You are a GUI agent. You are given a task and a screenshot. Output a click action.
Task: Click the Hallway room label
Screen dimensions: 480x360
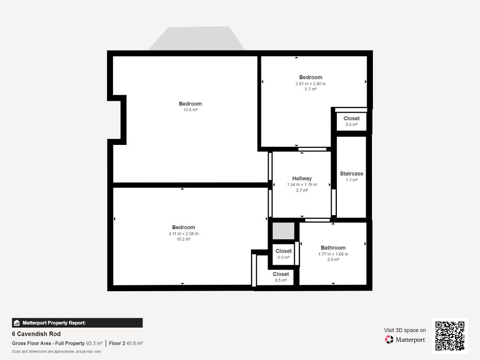point(302,179)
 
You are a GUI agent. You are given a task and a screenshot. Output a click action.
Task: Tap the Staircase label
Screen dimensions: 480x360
point(351,174)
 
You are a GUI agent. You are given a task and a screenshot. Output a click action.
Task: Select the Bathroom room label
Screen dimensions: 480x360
point(333,247)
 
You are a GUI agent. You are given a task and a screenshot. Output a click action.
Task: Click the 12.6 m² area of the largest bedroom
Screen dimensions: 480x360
point(190,110)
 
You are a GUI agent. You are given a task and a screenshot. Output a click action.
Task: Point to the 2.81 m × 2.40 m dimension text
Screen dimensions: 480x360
point(311,84)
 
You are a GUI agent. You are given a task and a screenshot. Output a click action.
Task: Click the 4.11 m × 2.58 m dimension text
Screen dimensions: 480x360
point(184,234)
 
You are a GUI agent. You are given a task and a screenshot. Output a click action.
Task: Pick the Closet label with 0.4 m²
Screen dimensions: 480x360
point(351,118)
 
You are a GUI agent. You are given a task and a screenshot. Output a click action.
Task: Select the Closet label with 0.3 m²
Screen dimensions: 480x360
point(283,251)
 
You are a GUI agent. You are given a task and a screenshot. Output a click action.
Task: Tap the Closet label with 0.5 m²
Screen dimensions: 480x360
point(281,274)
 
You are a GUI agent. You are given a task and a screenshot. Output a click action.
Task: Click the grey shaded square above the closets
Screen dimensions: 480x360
point(283,231)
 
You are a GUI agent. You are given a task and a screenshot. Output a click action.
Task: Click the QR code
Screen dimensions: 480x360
point(450,336)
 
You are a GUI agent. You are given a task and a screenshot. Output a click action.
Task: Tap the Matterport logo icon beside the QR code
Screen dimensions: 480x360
point(389,339)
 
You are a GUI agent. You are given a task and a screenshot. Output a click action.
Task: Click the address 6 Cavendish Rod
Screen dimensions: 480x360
point(36,334)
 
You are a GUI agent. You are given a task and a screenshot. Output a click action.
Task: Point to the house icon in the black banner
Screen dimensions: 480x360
point(17,323)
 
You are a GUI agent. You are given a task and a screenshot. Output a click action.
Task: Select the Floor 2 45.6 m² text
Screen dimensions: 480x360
point(126,343)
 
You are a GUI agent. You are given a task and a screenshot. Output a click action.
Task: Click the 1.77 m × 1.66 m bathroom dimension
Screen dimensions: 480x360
point(333,254)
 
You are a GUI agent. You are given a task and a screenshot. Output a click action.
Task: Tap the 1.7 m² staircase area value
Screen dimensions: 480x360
point(351,180)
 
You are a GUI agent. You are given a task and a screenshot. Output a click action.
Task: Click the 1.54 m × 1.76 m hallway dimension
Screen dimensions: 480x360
point(302,184)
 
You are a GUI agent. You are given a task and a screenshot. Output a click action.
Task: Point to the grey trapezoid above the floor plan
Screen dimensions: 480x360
point(197,39)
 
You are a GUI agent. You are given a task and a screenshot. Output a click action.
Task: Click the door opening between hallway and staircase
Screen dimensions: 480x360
point(334,202)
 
